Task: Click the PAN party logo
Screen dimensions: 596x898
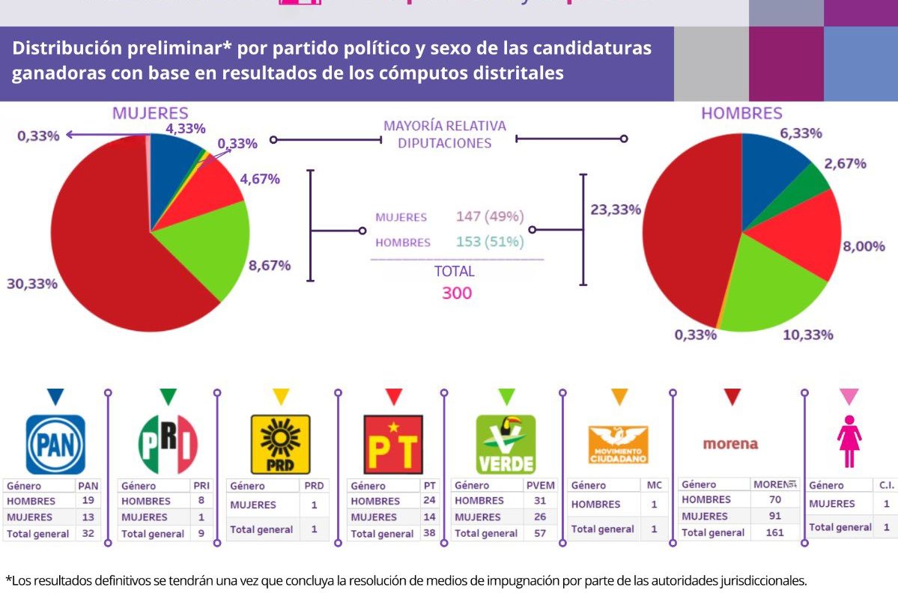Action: pos(55,445)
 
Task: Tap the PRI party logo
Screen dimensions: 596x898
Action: pos(168,444)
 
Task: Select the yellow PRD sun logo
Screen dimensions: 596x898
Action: pos(280,445)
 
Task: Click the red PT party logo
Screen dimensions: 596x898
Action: pos(392,445)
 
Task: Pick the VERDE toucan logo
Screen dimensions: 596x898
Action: pos(506,445)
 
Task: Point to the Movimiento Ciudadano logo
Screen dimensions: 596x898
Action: pos(618,445)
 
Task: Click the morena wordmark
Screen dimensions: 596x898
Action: pos(730,444)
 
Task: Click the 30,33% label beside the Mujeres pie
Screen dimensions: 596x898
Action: pos(31,284)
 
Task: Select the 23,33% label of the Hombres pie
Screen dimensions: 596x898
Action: pos(616,210)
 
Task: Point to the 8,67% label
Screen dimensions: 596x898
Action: pos(270,265)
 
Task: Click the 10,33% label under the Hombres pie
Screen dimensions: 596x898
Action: pos(807,335)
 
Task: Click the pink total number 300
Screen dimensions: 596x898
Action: pos(456,293)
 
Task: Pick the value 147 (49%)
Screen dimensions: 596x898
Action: pos(490,217)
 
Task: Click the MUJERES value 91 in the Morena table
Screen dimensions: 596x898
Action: pos(774,516)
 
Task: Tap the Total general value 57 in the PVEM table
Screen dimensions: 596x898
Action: pos(540,533)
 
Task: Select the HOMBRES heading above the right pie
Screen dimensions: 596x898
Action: pos(741,114)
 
